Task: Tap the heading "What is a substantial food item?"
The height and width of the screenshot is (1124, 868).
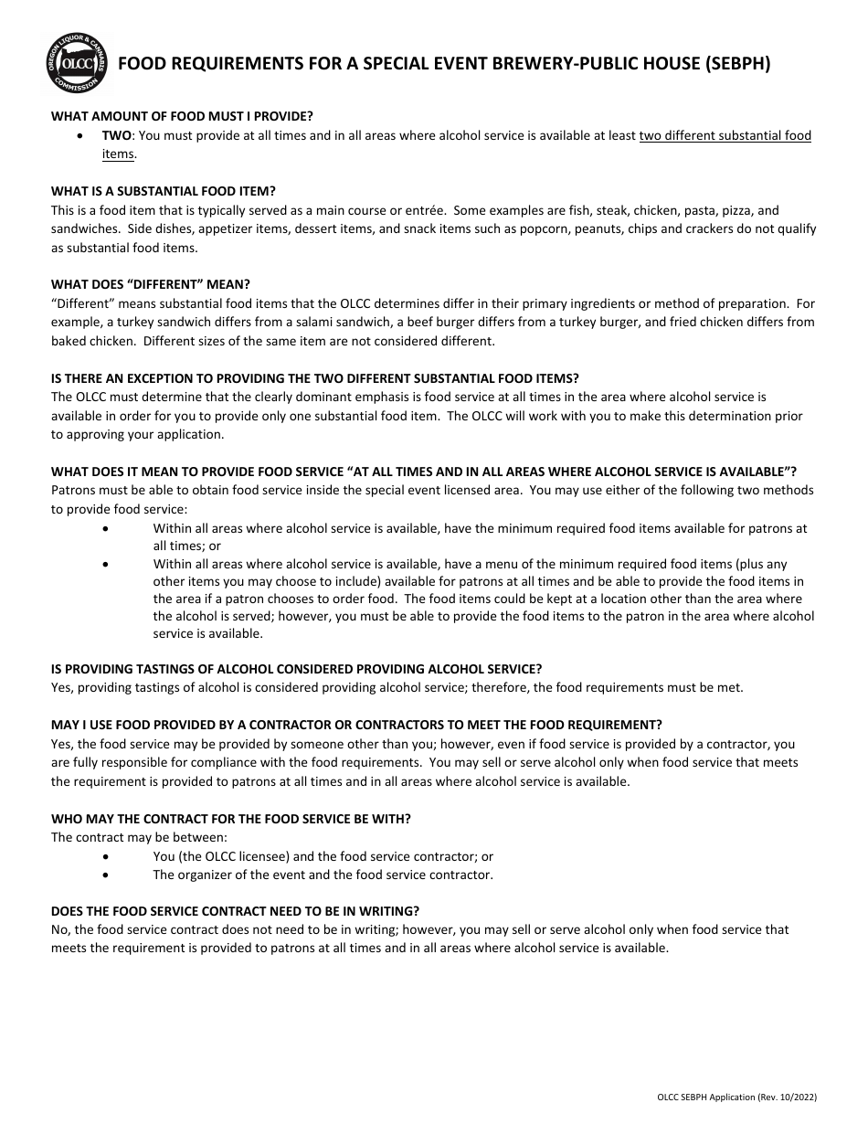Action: (163, 191)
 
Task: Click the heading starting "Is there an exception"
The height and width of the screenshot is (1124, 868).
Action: (315, 378)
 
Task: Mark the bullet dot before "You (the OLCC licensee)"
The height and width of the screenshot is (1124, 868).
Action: (108, 856)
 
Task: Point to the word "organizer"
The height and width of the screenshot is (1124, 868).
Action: (207, 875)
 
